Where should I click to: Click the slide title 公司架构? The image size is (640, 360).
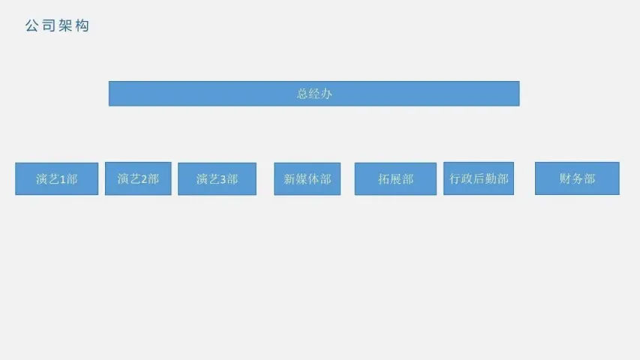57,26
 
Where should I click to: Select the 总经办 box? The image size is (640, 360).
314,94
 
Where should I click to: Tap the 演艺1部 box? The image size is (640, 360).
56,179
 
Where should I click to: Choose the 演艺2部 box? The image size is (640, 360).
138,178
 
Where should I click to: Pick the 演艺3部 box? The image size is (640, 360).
217,179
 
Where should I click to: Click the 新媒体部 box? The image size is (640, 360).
307,179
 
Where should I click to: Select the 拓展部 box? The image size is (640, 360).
395,179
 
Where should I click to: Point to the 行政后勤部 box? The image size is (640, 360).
479,178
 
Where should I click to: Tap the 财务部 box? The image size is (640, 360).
577,178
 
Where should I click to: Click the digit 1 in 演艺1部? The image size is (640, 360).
63,180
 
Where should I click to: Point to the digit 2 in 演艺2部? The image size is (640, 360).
144,179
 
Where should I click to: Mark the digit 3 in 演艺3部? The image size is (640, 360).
223,180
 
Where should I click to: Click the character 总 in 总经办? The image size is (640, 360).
302,94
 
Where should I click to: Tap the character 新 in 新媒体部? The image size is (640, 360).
290,179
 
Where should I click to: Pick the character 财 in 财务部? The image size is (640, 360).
565,178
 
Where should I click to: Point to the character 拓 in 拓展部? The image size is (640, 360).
383,179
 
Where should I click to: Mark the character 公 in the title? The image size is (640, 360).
32,26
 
